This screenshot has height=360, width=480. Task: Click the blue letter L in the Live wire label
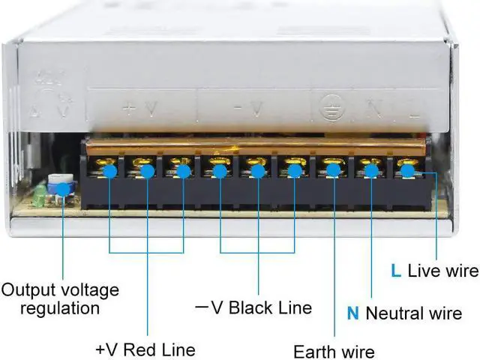point(395,271)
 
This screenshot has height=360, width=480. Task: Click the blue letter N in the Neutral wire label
point(352,312)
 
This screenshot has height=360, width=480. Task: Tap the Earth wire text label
point(334,350)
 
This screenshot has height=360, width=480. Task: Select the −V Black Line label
point(253,307)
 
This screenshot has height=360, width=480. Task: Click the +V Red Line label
point(145,349)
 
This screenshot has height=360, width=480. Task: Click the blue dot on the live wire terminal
point(407,171)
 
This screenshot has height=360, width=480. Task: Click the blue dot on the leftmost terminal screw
point(110,172)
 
